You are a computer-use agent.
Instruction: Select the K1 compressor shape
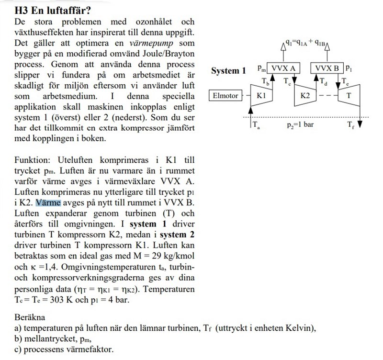[261, 95]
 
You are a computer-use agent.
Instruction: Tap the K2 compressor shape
[305, 95]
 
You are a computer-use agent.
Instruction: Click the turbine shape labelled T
[349, 95]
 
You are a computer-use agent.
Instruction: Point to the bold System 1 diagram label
[228, 71]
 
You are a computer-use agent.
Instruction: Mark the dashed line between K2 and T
[326, 95]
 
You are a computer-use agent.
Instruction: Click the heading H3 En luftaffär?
[53, 11]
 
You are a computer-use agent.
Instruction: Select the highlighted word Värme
[48, 202]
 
